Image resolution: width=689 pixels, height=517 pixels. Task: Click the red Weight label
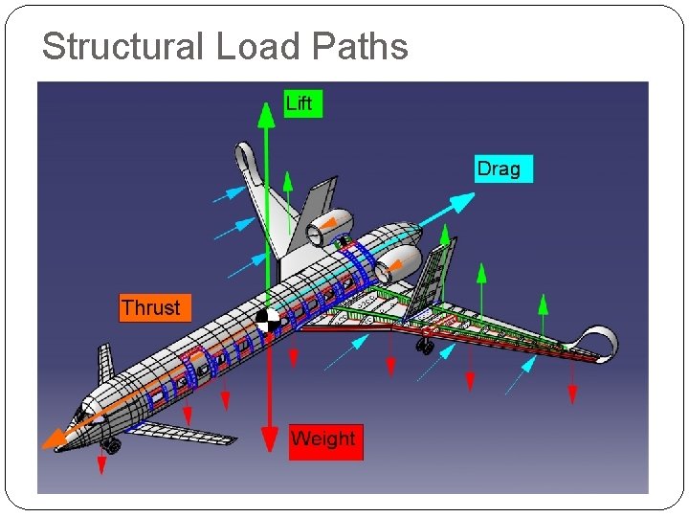(325, 439)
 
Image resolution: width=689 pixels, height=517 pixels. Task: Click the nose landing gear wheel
(114, 445)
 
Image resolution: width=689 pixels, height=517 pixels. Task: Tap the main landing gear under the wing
(425, 346)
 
